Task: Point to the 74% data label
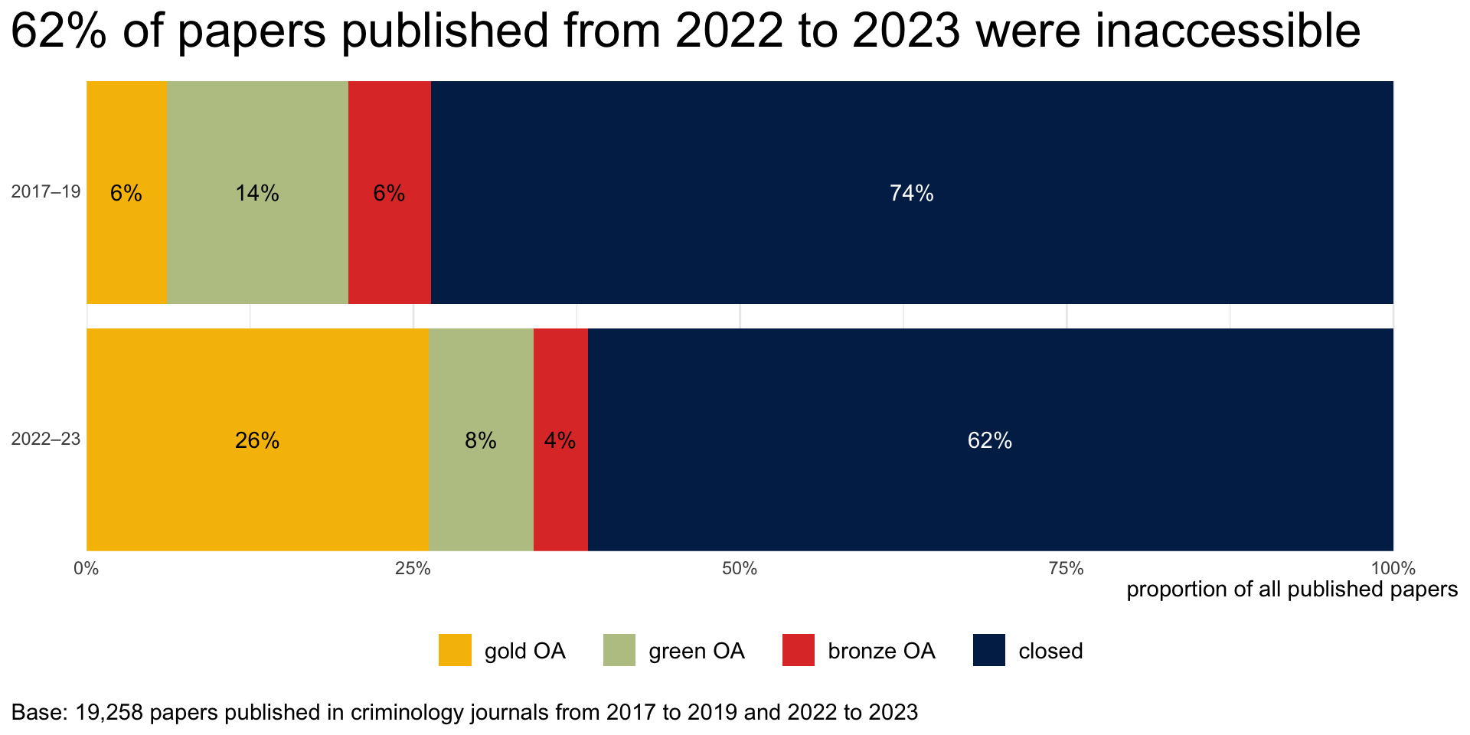pos(911,193)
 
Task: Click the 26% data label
pos(257,440)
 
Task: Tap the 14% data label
pos(257,193)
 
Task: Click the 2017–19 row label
pos(46,191)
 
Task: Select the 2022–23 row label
pos(46,439)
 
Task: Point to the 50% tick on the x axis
pos(740,569)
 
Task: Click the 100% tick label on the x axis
pos(1393,569)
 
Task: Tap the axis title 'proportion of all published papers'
pos(1292,590)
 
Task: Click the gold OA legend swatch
pos(455,650)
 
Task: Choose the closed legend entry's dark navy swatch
pos(988,650)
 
